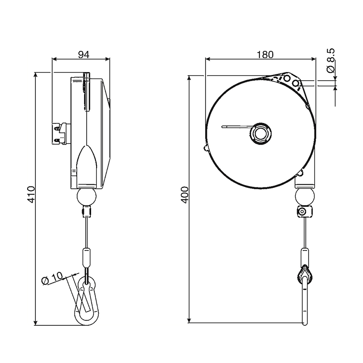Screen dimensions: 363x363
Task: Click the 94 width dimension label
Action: pos(83,54)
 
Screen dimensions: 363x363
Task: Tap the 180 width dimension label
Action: pos(265,54)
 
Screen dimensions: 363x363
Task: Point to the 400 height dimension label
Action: pos(185,195)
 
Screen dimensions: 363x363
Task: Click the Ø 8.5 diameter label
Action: pos(331,60)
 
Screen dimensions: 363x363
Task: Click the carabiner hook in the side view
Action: pos(87,300)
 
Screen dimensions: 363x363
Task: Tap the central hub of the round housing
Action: pos(261,134)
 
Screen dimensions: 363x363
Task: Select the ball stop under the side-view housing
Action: pos(86,196)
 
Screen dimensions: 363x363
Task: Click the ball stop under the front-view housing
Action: pos(305,196)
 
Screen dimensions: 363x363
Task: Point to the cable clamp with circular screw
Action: pos(304,211)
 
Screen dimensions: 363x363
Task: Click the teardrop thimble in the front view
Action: pos(304,275)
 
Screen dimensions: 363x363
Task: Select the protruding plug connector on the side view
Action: pos(59,133)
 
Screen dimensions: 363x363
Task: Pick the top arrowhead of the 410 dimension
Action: pos(35,75)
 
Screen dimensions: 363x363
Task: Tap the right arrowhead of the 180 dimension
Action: pos(314,59)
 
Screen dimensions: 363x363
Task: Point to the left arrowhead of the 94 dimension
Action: pos(54,59)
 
